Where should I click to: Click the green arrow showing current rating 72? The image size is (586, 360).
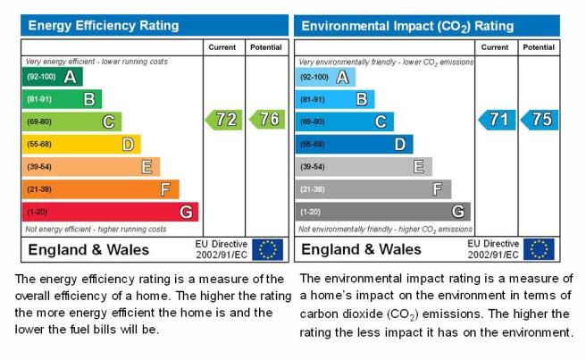pos(224,120)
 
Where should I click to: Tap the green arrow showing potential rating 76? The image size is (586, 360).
pos(267,119)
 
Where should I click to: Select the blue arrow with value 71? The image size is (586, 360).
pos(497,120)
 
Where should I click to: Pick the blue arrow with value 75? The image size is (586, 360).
pos(540,120)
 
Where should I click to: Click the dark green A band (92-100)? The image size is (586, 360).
pos(53,77)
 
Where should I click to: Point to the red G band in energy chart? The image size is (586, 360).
pos(110,212)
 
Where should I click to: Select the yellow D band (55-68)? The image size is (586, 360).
pos(81,145)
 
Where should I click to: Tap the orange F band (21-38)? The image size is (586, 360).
pos(101,189)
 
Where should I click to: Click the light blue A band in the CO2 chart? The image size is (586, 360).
pos(325,78)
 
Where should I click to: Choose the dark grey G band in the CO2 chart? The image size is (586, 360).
pos(383,212)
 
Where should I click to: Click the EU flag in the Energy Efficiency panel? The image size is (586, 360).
pos(268,250)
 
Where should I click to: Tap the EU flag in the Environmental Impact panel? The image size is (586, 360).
pos(539,249)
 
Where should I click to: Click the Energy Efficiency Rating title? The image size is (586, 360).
pos(104,25)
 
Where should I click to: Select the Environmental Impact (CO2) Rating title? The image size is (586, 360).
pos(407,26)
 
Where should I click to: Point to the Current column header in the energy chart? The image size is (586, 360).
pos(222,47)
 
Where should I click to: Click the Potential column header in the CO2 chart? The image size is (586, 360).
pos(539,47)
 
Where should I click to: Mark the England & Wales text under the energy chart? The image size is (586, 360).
pos(88,250)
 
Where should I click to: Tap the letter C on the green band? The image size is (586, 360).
pos(108,121)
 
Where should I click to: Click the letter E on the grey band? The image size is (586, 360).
pos(419,167)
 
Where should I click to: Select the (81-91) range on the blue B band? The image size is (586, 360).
pos(313,100)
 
